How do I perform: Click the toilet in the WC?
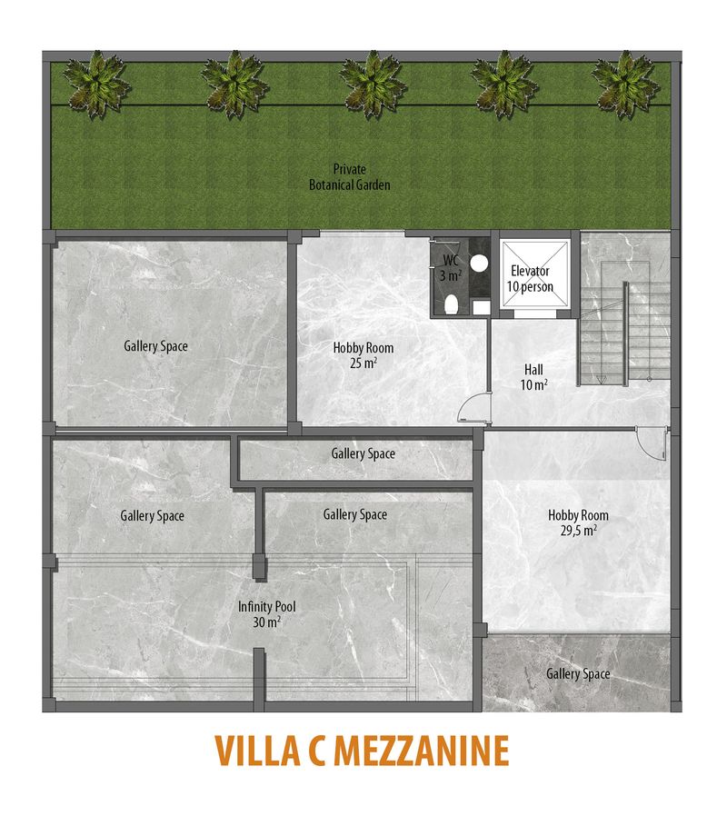tap(451, 304)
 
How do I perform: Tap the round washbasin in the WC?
tap(478, 263)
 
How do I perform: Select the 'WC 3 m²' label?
tap(451, 268)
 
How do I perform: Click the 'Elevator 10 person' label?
tap(530, 279)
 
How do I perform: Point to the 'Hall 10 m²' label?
tap(533, 377)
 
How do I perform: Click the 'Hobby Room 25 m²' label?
tap(363, 355)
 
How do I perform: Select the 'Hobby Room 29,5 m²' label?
tap(579, 522)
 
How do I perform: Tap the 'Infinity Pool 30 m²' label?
tap(266, 614)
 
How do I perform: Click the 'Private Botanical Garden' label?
tap(349, 177)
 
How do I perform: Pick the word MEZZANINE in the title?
tap(421, 751)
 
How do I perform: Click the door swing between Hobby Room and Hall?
tap(473, 407)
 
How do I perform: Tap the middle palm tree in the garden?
tap(371, 85)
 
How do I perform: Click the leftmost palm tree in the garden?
tap(96, 85)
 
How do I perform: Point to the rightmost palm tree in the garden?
tap(626, 85)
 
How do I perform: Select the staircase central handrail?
tap(626, 333)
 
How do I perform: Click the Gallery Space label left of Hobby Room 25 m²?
tap(156, 346)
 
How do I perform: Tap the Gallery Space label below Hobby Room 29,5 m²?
tap(578, 673)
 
